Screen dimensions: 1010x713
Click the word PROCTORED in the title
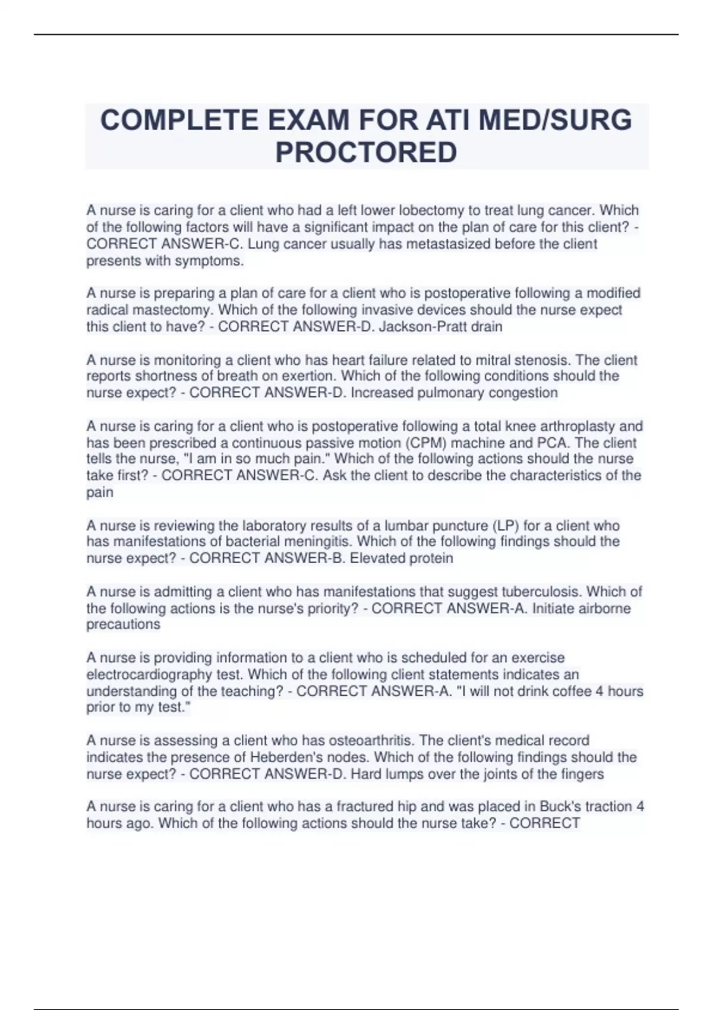(x=366, y=152)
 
